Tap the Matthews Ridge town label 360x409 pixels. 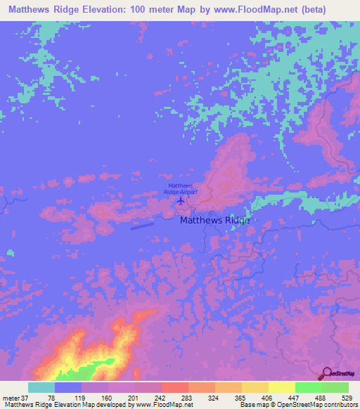click(214, 220)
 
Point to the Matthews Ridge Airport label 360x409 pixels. click(181, 188)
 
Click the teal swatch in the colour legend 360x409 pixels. click(41, 387)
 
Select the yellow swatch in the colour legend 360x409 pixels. click(281, 387)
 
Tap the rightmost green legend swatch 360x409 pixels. click(335, 387)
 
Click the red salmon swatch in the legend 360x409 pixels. click(174, 387)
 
